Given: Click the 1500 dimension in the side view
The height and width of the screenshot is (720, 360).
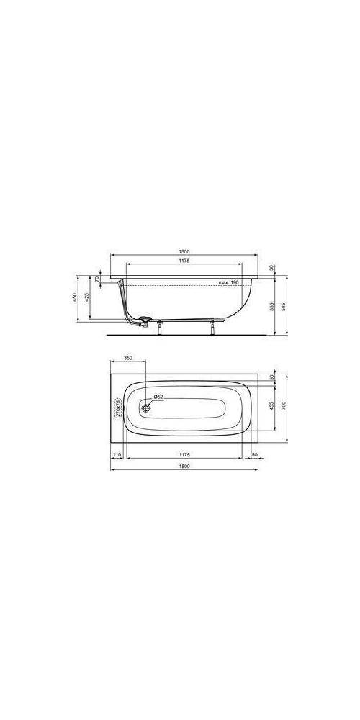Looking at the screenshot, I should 184,251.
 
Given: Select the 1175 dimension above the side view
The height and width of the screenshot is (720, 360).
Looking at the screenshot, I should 184,261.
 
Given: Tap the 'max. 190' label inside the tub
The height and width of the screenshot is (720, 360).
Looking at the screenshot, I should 229,283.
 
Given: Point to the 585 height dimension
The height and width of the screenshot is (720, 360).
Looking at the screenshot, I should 284,305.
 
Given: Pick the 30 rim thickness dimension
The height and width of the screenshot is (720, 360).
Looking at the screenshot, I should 271,268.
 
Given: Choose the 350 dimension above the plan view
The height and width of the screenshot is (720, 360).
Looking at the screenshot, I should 128,357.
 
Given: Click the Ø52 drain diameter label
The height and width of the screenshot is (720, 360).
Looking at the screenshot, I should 158,397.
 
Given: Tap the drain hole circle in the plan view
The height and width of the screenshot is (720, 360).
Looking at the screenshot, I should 147,408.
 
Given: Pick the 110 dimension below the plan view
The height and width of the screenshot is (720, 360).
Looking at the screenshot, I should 116,454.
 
